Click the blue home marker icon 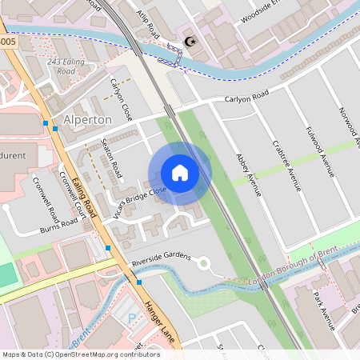[180, 173]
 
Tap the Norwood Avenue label [346, 128]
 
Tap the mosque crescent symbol [190, 42]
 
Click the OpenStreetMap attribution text [81, 354]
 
